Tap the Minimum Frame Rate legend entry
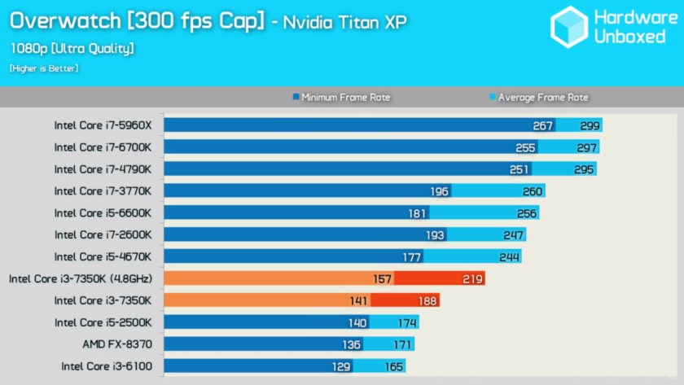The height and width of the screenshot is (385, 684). click(341, 98)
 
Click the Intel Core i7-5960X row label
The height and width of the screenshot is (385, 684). click(103, 125)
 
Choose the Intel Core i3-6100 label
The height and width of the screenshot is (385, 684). click(106, 366)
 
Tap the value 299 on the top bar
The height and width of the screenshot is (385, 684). click(590, 125)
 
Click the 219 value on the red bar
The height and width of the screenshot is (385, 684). click(473, 278)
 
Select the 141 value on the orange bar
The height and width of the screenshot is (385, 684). click(359, 300)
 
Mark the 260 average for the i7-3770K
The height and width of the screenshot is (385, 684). click(533, 191)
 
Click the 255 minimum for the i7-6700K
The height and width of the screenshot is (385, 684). click(525, 147)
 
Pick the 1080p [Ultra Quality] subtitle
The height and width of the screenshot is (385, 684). click(72, 48)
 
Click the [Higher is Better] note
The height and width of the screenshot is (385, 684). click(44, 68)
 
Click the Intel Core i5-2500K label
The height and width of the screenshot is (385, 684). click(103, 322)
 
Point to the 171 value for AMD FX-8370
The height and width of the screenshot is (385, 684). click(402, 344)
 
